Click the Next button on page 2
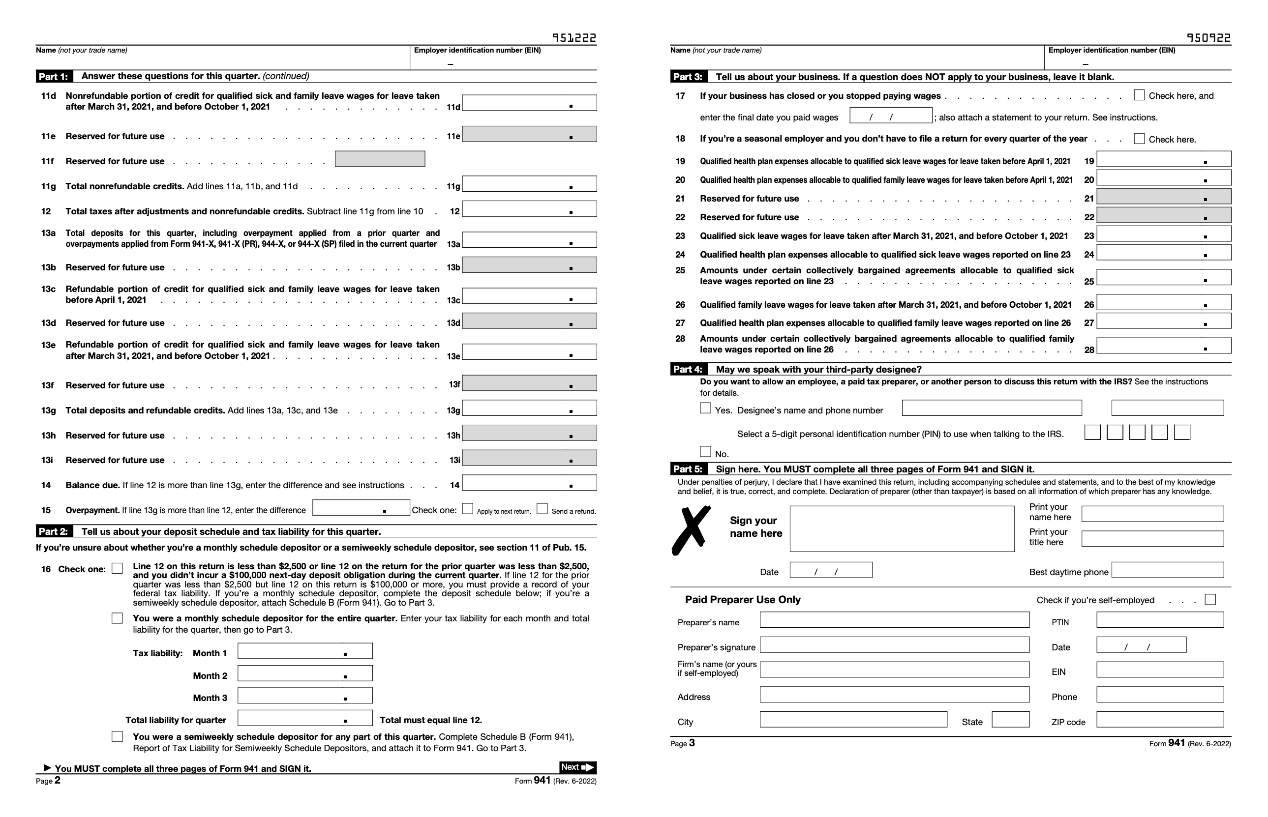tap(577, 767)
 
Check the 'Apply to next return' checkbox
tap(467, 509)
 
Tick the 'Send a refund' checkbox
tap(542, 509)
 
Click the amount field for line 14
tap(529, 483)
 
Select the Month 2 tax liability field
tap(304, 673)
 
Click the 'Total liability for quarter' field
tap(304, 718)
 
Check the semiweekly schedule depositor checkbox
tap(117, 736)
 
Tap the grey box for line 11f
tap(380, 159)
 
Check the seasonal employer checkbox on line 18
tap(1139, 139)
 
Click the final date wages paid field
tap(890, 116)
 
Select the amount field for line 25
tap(1163, 277)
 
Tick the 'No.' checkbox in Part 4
tap(705, 451)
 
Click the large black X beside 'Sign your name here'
tap(691, 530)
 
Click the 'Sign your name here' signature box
tap(902, 529)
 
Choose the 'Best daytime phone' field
tap(1167, 570)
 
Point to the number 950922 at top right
tap(1208, 38)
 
